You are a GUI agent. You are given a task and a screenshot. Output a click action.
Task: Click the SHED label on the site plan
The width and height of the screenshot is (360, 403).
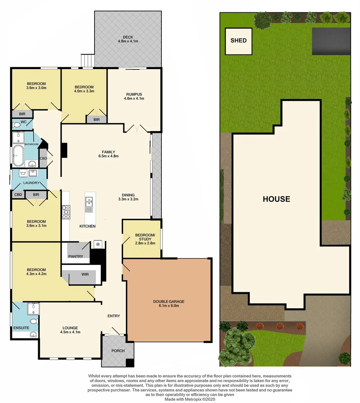239,40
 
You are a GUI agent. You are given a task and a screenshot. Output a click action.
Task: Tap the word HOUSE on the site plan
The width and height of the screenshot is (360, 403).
276,199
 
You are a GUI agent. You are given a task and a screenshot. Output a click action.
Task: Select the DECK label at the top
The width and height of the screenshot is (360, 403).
128,37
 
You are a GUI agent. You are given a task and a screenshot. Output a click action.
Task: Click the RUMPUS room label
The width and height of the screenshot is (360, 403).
134,94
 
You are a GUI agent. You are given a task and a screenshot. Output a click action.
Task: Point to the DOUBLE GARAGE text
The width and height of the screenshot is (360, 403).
169,302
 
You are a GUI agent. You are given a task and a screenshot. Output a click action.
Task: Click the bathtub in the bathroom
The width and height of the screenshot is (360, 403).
18,156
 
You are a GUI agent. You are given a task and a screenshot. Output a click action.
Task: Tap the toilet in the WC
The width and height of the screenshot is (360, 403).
16,125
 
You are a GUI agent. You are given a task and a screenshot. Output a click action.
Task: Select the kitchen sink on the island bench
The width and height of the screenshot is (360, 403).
89,204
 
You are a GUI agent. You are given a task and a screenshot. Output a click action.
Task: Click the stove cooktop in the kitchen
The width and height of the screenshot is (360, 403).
66,212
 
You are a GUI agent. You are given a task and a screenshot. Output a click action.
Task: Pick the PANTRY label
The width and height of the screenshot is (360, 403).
75,256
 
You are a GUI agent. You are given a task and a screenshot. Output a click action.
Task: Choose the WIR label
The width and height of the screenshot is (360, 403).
85,274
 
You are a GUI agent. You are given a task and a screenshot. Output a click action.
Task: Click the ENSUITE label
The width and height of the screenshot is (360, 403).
21,328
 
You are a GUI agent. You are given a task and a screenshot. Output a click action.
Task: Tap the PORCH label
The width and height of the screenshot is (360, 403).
118,351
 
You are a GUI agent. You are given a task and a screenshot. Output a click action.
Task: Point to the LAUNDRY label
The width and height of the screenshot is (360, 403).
31,183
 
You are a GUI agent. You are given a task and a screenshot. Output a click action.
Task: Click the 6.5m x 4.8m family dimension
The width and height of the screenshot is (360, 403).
108,156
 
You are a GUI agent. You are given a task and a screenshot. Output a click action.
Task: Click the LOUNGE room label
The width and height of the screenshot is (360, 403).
71,328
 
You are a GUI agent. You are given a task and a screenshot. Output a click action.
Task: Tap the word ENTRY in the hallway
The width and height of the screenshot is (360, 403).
114,316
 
